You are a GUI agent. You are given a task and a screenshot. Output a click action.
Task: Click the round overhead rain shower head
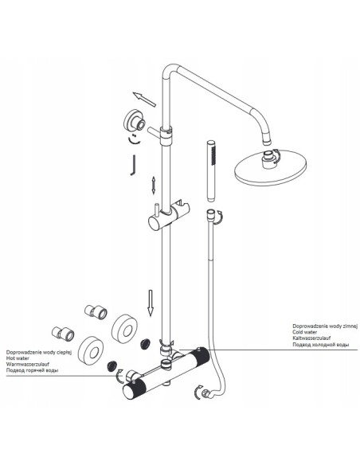270,167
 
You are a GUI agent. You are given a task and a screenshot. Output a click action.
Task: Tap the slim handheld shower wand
211,171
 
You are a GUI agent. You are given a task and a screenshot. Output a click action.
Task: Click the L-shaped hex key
133,165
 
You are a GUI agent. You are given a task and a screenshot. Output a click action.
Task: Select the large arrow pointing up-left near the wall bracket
144,100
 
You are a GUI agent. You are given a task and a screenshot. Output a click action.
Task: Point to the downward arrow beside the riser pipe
151,303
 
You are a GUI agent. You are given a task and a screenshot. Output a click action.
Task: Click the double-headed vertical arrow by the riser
153,186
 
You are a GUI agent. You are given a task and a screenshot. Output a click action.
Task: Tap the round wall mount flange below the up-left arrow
135,122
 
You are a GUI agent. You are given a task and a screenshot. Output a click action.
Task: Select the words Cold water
304,332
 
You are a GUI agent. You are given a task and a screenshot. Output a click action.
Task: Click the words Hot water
18,358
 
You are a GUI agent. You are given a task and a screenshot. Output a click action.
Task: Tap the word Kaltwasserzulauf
311,338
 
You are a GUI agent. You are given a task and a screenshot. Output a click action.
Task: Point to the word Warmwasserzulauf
28,364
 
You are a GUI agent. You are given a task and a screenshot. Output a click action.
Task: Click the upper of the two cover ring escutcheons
124,329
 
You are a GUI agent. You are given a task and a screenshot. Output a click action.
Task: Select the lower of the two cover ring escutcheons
92,350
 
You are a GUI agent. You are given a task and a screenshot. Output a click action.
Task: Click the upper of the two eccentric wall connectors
96,312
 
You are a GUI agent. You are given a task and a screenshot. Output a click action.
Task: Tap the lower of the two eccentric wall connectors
63,334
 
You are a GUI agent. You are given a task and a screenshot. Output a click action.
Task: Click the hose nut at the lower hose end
206,393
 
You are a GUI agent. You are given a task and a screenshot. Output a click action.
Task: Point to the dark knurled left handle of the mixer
134,389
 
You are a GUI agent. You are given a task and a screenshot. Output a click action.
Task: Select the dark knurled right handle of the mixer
199,358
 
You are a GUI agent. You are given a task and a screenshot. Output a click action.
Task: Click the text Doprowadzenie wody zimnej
325,326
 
